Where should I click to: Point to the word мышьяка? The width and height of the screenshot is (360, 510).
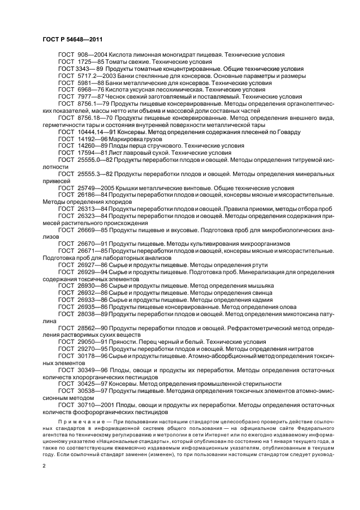coord(261,286)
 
